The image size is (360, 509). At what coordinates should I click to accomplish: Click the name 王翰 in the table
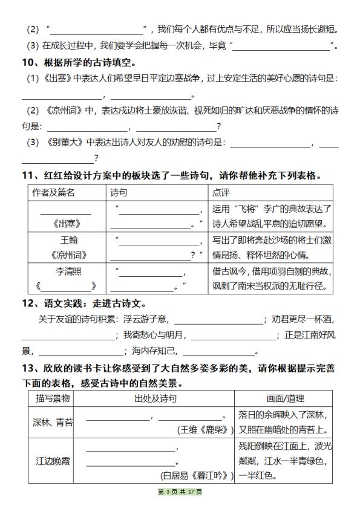pyautogui.click(x=66, y=240)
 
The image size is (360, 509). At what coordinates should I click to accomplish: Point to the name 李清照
pyautogui.click(x=66, y=271)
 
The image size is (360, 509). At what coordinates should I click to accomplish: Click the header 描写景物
pyautogui.click(x=53, y=398)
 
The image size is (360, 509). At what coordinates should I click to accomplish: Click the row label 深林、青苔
pyautogui.click(x=53, y=423)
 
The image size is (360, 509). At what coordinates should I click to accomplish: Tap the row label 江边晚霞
pyautogui.click(x=53, y=461)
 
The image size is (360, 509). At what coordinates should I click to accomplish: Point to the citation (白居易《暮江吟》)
pyautogui.click(x=197, y=476)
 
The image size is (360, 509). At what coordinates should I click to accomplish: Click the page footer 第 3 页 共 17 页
pyautogui.click(x=180, y=492)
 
